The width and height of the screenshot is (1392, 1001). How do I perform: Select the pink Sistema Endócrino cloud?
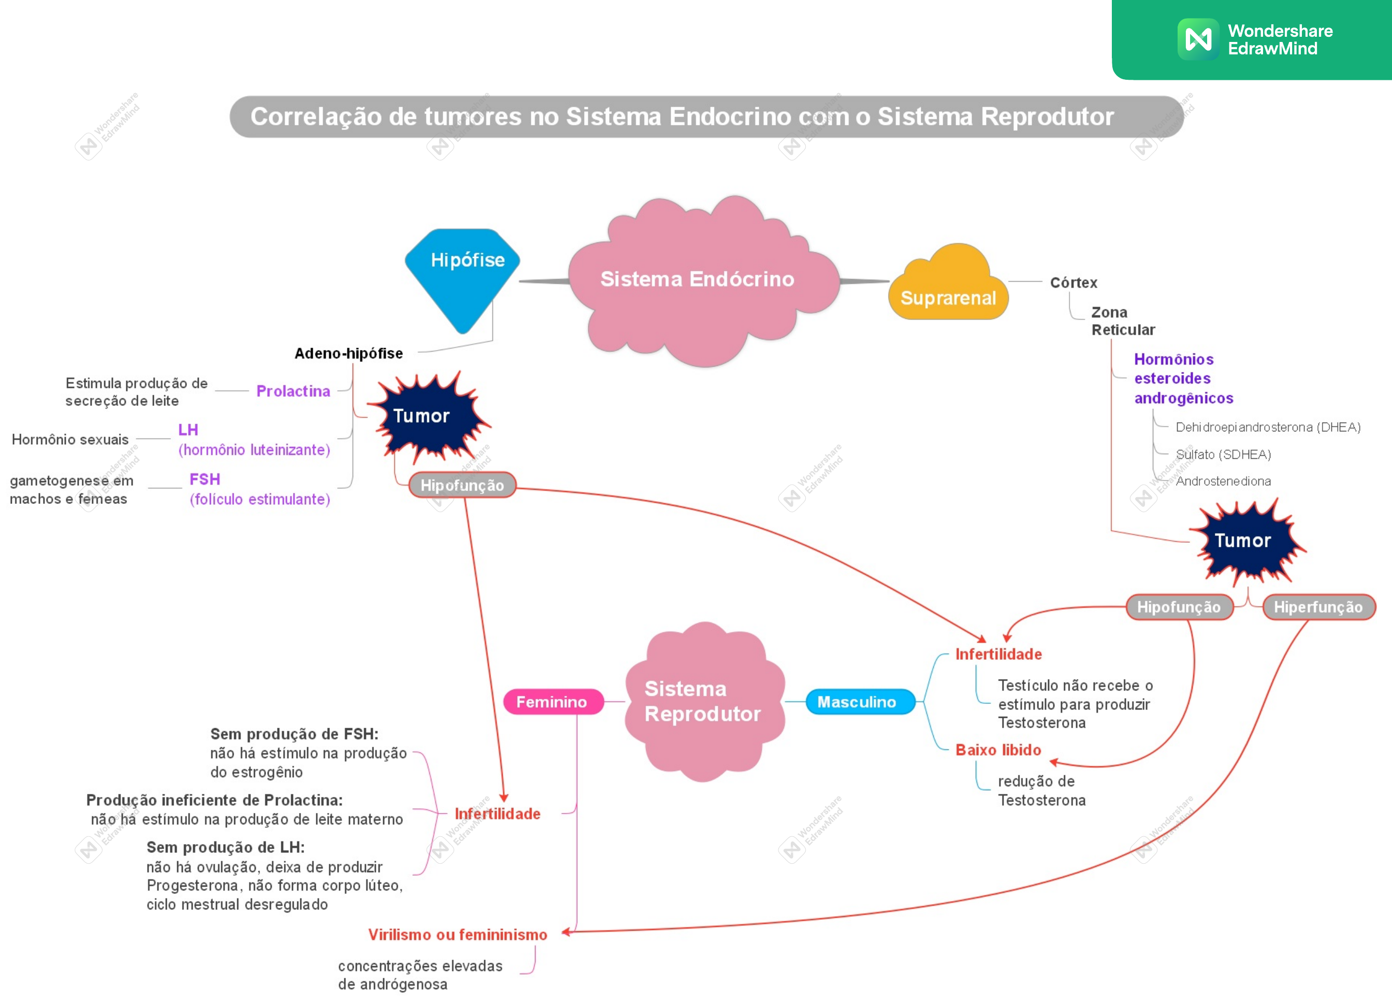click(703, 281)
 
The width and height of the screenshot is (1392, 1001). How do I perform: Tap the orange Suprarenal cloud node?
click(948, 284)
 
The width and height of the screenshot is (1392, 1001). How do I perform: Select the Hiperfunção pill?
click(1318, 607)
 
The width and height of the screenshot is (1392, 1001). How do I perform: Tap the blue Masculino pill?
click(857, 702)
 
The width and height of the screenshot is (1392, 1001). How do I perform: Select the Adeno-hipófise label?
click(349, 354)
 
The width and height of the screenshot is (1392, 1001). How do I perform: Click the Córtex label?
click(1074, 282)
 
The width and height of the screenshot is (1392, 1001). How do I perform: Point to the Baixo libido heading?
click(998, 749)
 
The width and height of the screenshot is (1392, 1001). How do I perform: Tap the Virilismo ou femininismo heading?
click(458, 934)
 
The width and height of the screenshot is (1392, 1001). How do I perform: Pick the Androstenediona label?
click(1223, 481)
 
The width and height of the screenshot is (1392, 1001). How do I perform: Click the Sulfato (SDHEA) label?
click(1223, 454)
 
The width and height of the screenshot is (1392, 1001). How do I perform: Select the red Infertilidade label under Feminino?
click(498, 814)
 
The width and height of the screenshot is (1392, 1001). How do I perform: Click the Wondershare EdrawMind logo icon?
click(1198, 39)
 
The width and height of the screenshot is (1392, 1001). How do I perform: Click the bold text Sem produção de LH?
click(226, 847)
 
